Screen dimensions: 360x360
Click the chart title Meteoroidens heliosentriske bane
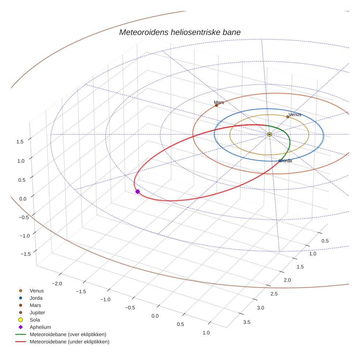pyautogui.click(x=180, y=32)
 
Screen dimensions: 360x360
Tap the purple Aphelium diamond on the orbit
pyautogui.click(x=138, y=191)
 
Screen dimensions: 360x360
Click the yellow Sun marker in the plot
pyautogui.click(x=269, y=135)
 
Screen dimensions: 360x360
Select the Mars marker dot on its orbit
pyautogui.click(x=217, y=105)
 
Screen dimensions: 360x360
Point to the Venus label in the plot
pyautogui.click(x=295, y=115)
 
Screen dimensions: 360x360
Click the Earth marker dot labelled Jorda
pyautogui.click(x=280, y=161)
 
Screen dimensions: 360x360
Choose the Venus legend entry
pyautogui.click(x=37, y=291)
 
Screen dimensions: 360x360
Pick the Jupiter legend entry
pyautogui.click(x=37, y=313)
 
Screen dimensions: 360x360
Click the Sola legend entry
pyautogui.click(x=35, y=320)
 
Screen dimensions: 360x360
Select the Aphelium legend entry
pyautogui.click(x=40, y=327)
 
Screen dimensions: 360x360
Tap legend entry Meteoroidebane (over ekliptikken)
pyautogui.click(x=68, y=334)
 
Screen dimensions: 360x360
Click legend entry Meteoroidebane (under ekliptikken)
pyautogui.click(x=69, y=342)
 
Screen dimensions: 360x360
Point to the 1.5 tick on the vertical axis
pyautogui.click(x=20, y=142)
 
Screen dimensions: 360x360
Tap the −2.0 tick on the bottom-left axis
pyautogui.click(x=57, y=284)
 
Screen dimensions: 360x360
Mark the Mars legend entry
pyautogui.click(x=35, y=305)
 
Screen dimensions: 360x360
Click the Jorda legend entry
pyautogui.click(x=36, y=298)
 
